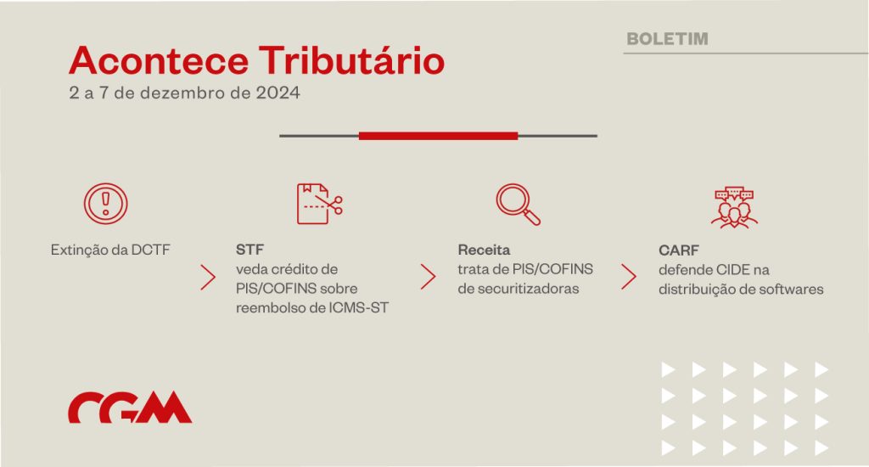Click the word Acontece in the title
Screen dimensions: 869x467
click(x=159, y=60)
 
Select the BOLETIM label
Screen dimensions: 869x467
click(x=667, y=39)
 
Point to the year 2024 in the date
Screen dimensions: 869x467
click(x=278, y=92)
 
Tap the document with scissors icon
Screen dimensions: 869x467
click(x=320, y=204)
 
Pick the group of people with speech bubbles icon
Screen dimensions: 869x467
click(x=734, y=207)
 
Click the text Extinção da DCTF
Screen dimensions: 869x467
click(x=110, y=250)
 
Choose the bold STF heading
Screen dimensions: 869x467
click(x=250, y=250)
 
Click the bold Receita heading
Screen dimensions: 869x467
click(x=484, y=250)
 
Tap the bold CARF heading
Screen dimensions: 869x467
click(x=679, y=250)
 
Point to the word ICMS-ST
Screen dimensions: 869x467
click(x=359, y=307)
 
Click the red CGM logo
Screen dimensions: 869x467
click(x=130, y=408)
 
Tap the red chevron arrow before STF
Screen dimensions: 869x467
click(x=208, y=278)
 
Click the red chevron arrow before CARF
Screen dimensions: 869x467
click(x=629, y=277)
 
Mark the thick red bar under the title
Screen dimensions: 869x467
click(x=439, y=136)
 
